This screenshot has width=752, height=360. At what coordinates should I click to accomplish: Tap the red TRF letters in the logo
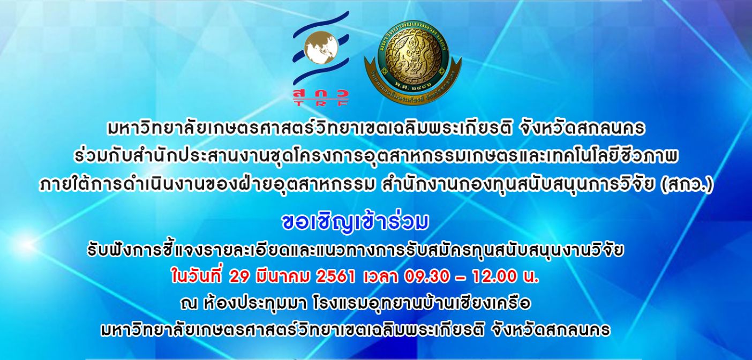[321, 104]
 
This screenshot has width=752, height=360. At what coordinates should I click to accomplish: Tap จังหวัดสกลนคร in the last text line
[550, 330]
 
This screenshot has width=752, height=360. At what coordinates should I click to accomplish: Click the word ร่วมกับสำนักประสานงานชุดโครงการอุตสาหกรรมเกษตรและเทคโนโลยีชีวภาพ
[376, 157]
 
